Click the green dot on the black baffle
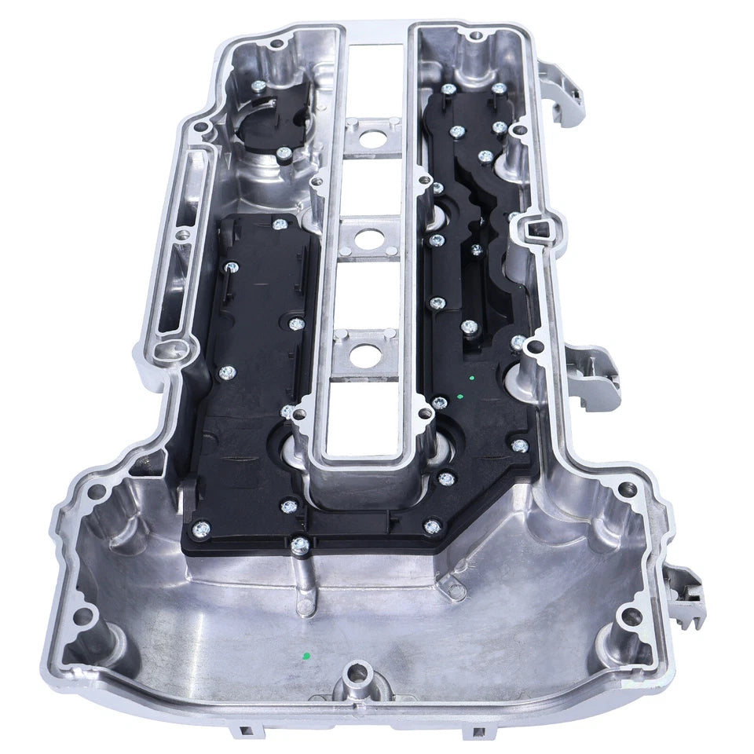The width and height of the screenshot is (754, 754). [x=470, y=379]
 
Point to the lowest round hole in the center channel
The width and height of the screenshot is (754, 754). [x=366, y=354]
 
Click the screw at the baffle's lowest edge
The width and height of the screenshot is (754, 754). [x=298, y=543]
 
